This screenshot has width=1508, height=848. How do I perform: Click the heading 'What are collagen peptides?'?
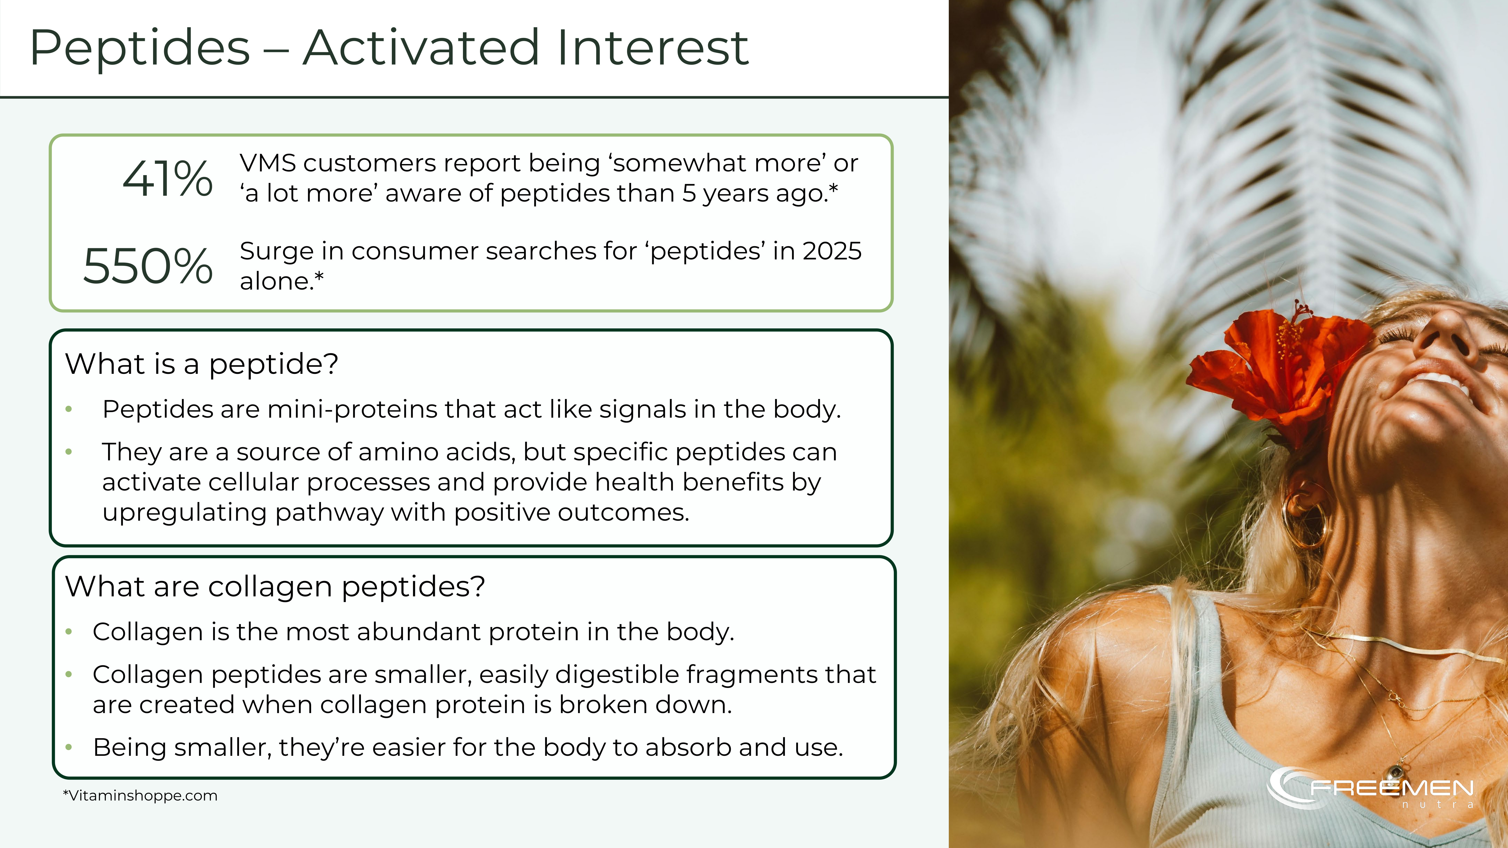275,586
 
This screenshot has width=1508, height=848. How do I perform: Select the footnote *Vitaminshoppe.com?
140,796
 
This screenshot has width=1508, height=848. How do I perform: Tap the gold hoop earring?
1304,515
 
